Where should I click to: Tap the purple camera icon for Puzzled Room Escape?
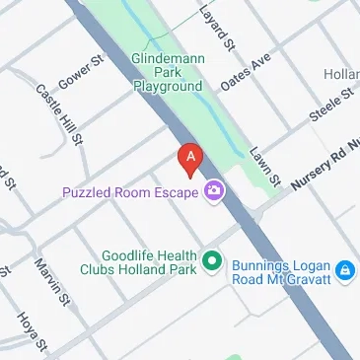tap(213, 191)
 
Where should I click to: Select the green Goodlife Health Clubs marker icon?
tap(211, 261)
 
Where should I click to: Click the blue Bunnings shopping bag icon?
tap(343, 269)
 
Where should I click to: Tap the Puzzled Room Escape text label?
tap(131, 191)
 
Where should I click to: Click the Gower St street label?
tap(83, 71)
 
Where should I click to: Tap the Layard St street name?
tap(219, 28)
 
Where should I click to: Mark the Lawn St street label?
tap(266, 169)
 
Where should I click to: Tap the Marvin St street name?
tap(47, 280)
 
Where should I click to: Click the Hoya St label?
tap(31, 330)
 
